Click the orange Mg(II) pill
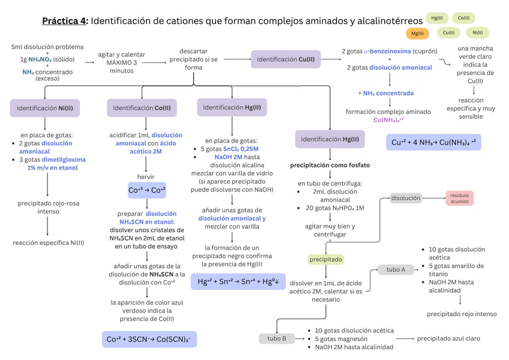(417, 34)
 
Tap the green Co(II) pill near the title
(463, 18)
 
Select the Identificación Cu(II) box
(286, 59)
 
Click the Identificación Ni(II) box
(45, 108)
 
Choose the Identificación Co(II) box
(142, 108)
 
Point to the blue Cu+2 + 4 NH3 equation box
(434, 142)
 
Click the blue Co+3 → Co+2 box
(147, 190)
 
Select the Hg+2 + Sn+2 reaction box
(238, 281)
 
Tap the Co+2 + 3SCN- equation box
(149, 339)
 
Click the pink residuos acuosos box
(459, 199)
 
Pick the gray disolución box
(406, 198)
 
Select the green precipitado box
(325, 259)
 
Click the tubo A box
(396, 269)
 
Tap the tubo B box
(277, 338)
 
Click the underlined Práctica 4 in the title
(64, 21)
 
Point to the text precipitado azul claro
(448, 338)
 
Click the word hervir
(146, 177)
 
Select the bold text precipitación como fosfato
(330, 165)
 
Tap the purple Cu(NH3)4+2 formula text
(388, 120)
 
